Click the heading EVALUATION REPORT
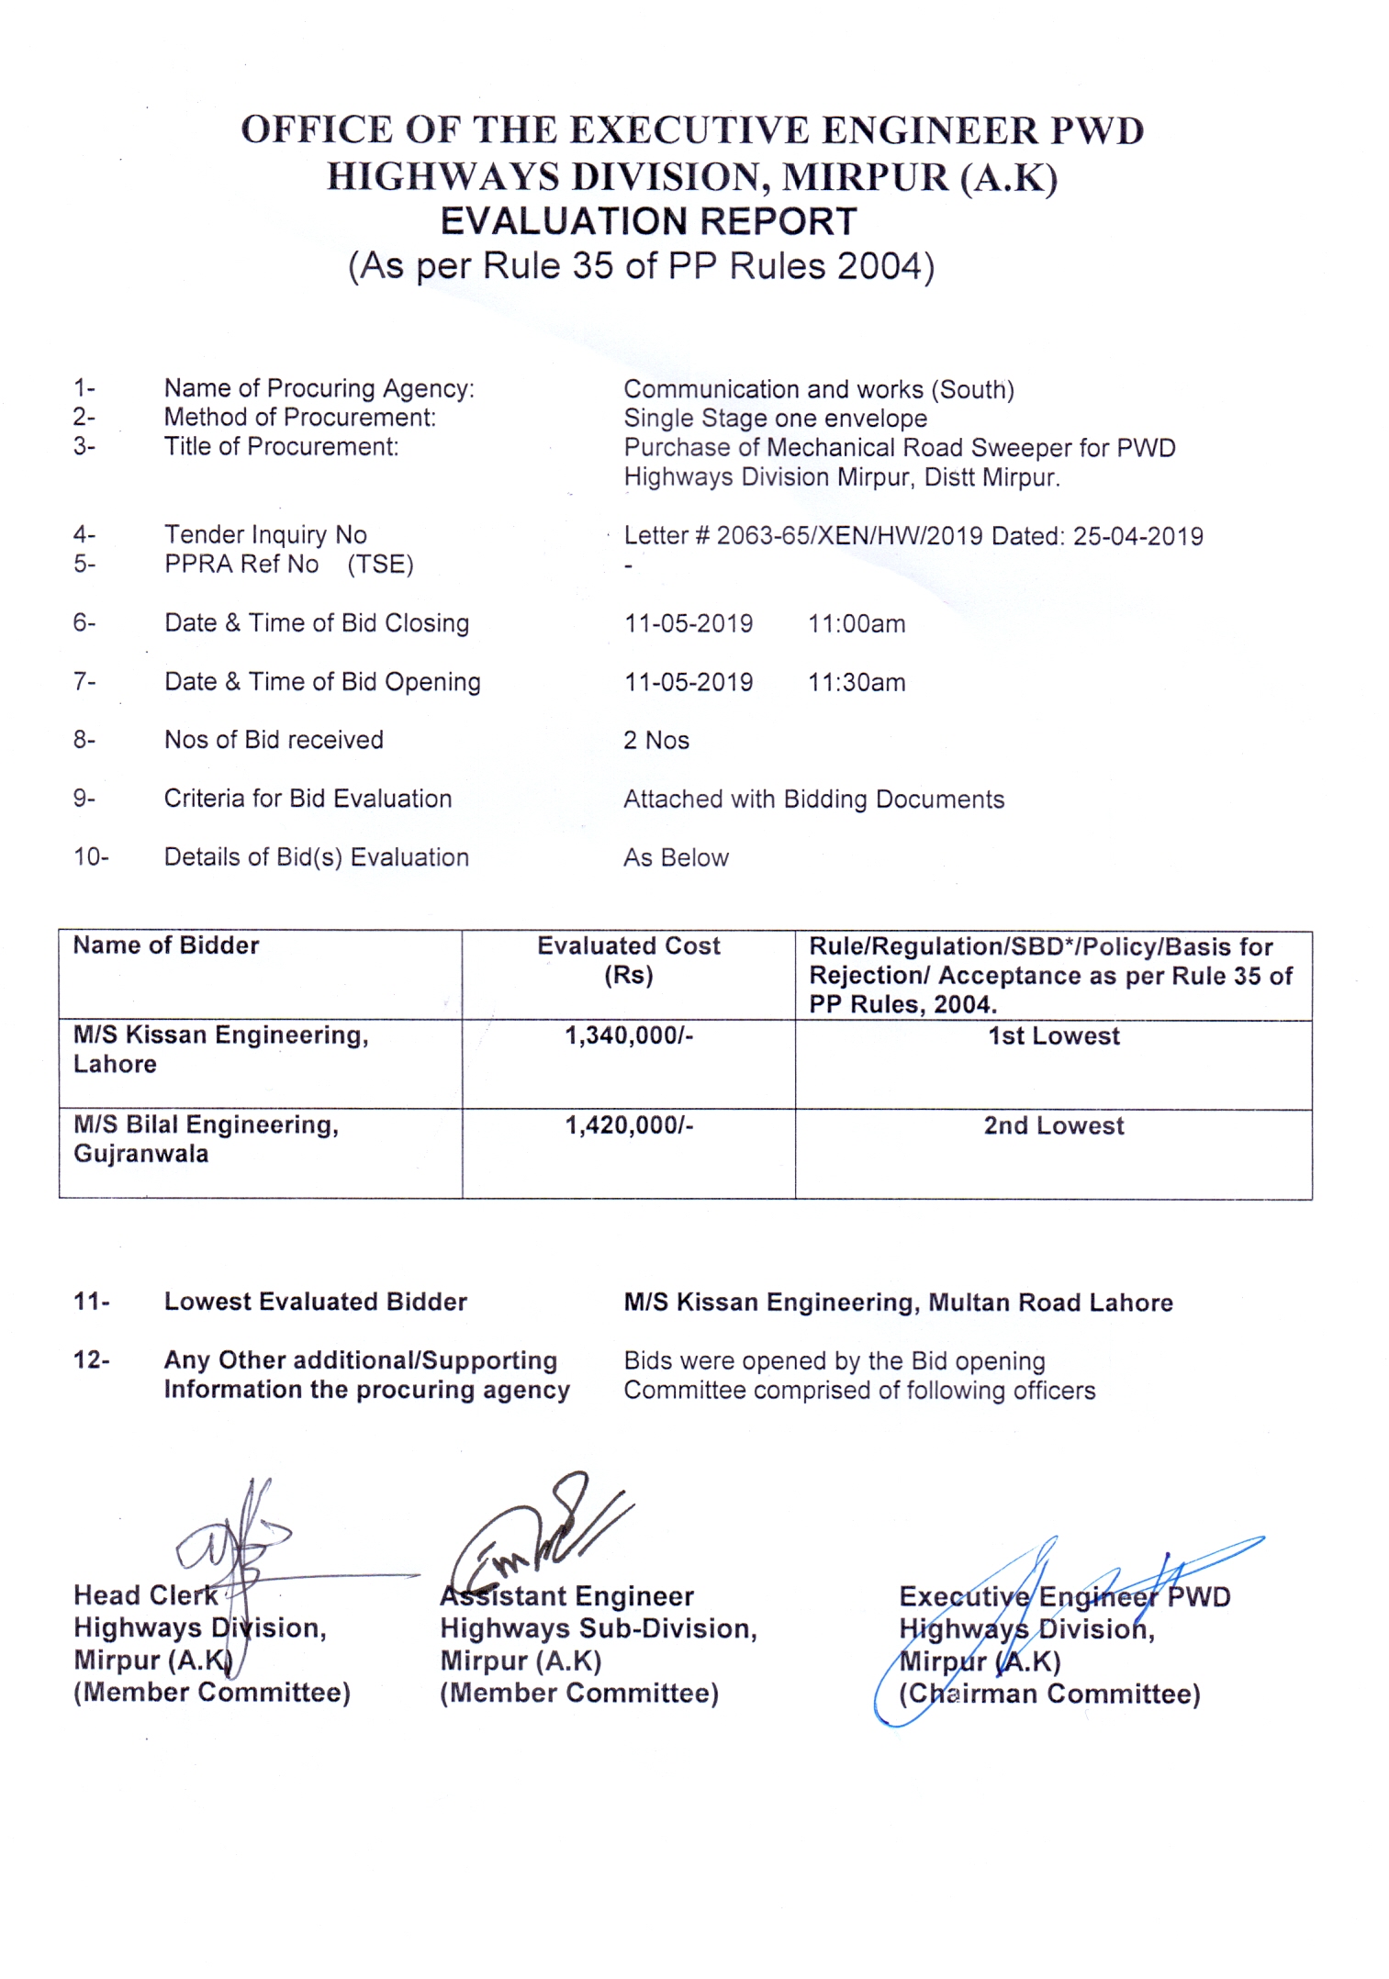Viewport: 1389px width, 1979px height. [x=648, y=222]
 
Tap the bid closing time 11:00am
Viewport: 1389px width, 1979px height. [x=856, y=624]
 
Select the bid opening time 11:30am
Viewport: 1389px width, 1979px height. [x=856, y=683]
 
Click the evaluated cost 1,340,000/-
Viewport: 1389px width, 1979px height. [x=629, y=1036]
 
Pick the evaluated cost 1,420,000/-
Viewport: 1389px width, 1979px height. [x=629, y=1125]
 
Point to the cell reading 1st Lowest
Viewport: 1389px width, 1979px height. [x=1053, y=1036]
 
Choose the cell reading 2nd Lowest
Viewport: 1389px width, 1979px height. [x=1053, y=1126]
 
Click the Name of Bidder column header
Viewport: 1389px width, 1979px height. [x=166, y=946]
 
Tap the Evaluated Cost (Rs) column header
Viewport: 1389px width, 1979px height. [x=629, y=960]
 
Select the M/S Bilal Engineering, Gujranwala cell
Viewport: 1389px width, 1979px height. [x=206, y=1139]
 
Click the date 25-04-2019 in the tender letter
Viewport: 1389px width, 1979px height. [x=1137, y=536]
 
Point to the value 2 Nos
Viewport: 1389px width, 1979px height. [x=655, y=741]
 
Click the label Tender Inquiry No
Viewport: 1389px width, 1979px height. [x=265, y=535]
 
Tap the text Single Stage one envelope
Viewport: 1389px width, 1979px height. [x=775, y=419]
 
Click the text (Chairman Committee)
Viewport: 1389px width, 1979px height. [x=1048, y=1694]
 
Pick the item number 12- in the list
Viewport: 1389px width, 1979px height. [x=91, y=1359]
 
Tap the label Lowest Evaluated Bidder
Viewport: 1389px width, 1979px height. [x=315, y=1302]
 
